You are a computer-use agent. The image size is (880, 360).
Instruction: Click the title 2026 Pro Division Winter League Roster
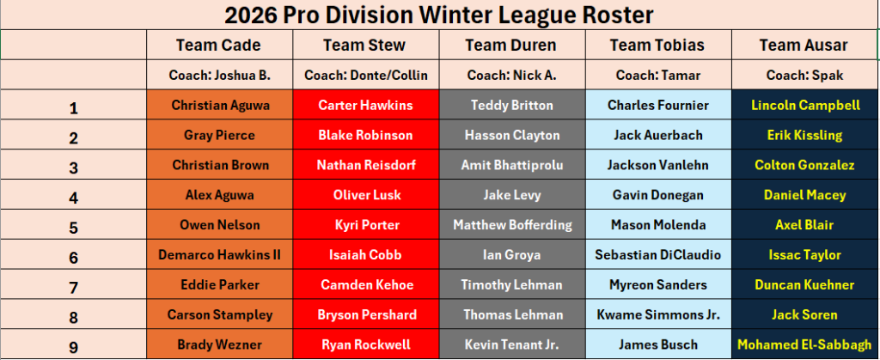point(439,15)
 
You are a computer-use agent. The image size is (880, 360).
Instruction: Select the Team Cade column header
point(218,45)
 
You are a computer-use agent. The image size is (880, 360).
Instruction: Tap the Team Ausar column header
point(804,45)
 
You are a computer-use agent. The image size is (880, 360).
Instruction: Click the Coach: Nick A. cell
point(511,75)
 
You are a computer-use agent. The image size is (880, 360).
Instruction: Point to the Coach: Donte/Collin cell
point(365,75)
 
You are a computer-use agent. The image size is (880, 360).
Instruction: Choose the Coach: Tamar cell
point(657,75)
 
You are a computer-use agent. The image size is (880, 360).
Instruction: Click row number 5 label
point(73,226)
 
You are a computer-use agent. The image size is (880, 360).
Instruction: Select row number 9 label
point(73,345)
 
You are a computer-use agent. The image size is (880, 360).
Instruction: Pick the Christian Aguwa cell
point(219,106)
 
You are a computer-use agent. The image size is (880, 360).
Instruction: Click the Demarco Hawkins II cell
point(219,255)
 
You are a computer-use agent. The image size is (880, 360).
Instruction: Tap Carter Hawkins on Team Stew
point(365,106)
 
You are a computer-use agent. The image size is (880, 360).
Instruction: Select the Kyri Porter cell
point(365,225)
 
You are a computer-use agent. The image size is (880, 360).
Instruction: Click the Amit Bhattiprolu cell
point(511,165)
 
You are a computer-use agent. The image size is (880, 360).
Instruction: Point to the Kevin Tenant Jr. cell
point(511,345)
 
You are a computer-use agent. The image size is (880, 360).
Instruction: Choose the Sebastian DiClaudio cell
point(657,255)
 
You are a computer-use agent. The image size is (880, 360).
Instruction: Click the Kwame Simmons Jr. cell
point(657,314)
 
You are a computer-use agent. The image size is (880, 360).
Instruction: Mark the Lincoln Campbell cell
point(805,106)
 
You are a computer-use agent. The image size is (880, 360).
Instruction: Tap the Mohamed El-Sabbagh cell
point(805,345)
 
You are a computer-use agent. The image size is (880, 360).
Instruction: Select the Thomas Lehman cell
point(511,314)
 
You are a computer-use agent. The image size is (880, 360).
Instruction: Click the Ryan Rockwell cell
point(365,345)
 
